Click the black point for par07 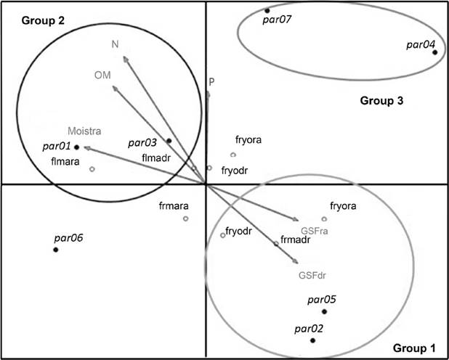click(x=267, y=11)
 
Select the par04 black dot click(x=435, y=52)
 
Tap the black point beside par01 click(x=76, y=147)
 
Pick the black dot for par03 click(x=169, y=141)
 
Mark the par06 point click(x=55, y=250)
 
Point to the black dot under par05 click(x=324, y=311)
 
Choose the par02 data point click(x=312, y=340)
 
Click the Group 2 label click(x=44, y=20)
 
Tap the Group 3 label click(x=381, y=101)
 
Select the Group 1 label click(x=414, y=348)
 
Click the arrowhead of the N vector click(x=125, y=58)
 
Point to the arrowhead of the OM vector click(x=115, y=88)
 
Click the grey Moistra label click(x=84, y=131)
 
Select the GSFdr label click(x=312, y=275)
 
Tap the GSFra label click(x=314, y=231)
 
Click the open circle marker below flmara click(x=92, y=169)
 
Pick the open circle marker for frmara click(x=185, y=218)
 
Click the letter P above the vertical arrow click(x=211, y=82)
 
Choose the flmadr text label click(x=156, y=157)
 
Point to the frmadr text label click(x=295, y=240)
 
